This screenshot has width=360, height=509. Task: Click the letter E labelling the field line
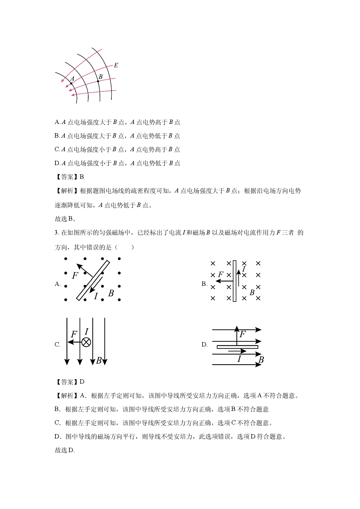click(x=116, y=65)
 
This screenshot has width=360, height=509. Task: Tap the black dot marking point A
click(x=71, y=84)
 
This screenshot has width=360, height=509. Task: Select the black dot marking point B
click(x=98, y=81)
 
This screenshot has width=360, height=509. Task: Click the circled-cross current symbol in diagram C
click(x=86, y=342)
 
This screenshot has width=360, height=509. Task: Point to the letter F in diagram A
click(x=75, y=275)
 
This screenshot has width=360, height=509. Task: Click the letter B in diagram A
click(x=111, y=293)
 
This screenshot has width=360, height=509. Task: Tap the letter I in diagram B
click(x=244, y=269)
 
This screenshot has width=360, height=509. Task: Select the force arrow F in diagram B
click(x=225, y=281)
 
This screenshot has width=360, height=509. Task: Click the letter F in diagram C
click(x=74, y=334)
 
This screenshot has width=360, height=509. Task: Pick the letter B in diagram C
click(x=99, y=360)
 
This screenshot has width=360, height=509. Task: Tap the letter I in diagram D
click(x=239, y=359)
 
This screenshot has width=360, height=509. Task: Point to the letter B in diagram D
click(x=261, y=360)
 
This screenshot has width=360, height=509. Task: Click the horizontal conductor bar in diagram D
click(x=237, y=347)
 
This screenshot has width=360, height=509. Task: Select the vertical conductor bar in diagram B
click(x=235, y=281)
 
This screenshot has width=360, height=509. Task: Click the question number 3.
click(x=57, y=233)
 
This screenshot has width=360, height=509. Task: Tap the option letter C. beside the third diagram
click(x=57, y=344)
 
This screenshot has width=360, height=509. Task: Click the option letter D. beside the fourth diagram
click(x=205, y=344)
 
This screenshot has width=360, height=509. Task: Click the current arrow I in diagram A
click(x=96, y=285)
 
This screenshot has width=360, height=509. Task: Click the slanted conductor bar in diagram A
click(x=93, y=281)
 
